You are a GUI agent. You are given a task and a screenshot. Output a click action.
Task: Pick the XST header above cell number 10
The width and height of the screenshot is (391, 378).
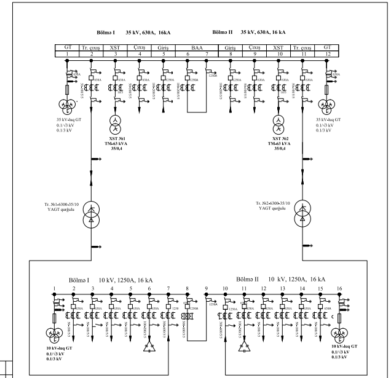(x=278, y=47)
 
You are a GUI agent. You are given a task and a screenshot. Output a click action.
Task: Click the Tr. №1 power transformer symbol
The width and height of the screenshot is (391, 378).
(x=92, y=212)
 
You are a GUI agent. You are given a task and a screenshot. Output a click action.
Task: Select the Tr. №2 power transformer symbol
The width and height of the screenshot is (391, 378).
(x=303, y=212)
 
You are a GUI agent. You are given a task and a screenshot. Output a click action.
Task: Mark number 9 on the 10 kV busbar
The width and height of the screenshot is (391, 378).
(x=207, y=288)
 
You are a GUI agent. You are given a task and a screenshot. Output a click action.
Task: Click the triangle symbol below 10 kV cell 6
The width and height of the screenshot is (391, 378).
(x=148, y=348)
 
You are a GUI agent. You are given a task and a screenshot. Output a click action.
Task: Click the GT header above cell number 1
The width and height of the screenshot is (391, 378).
(x=68, y=47)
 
